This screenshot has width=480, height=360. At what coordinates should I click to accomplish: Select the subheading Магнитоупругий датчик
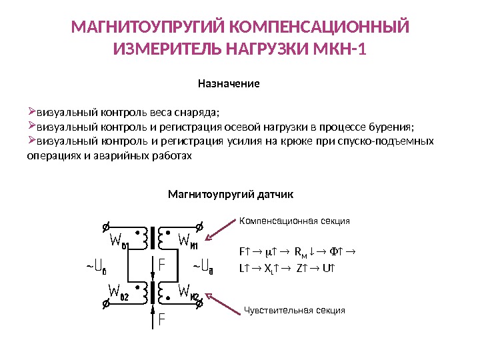[x=230, y=194]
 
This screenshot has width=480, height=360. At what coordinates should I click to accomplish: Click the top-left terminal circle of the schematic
[x=105, y=225]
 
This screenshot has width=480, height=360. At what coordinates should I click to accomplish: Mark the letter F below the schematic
[x=160, y=320]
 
